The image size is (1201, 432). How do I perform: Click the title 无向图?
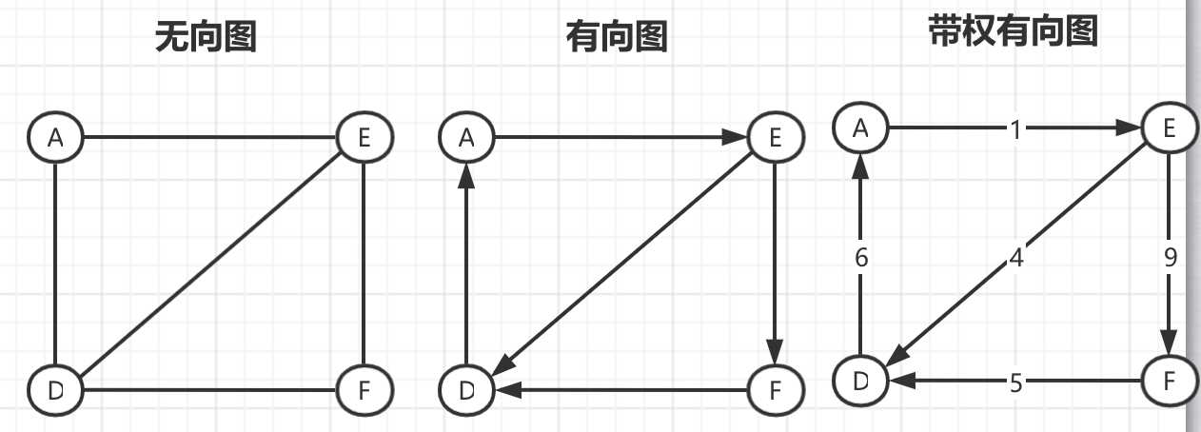(x=206, y=37)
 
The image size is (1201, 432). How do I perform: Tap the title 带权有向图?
(x=1013, y=31)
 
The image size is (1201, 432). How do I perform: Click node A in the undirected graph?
(x=55, y=137)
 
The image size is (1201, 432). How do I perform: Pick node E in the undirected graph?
(x=364, y=137)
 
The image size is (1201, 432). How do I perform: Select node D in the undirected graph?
(x=55, y=389)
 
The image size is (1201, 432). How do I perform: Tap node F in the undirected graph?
(x=364, y=389)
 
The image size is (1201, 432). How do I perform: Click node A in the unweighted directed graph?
(x=466, y=137)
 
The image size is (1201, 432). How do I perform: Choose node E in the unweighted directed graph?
(x=776, y=137)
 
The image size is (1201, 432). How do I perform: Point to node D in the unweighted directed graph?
(x=466, y=389)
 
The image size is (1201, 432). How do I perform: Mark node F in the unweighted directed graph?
(x=776, y=389)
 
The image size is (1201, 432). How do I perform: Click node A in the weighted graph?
(x=860, y=128)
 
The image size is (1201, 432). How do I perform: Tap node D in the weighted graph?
(x=860, y=381)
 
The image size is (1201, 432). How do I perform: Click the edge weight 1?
(x=1015, y=128)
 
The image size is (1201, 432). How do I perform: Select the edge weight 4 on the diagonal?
(x=1015, y=257)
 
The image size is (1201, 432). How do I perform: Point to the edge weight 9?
(x=1170, y=257)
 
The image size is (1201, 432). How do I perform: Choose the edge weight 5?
(x=1015, y=382)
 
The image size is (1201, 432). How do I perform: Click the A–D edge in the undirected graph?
(x=55, y=263)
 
